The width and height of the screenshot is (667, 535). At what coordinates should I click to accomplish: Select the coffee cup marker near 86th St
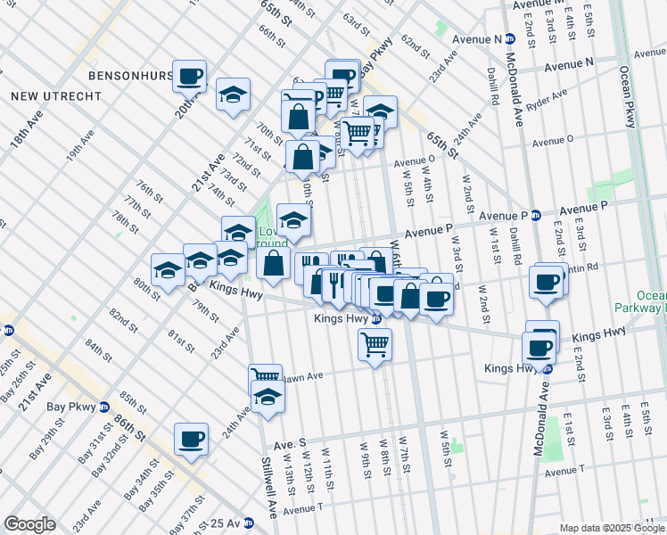point(192,438)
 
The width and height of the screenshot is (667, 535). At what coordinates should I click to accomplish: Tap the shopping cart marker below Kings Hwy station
point(375,343)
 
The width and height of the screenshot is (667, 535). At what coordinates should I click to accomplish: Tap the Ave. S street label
point(290,442)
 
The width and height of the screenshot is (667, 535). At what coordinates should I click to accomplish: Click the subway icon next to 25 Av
point(247,523)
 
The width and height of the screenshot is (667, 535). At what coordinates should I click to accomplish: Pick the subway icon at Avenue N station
point(510,38)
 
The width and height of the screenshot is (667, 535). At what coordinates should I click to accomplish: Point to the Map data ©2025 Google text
point(611,528)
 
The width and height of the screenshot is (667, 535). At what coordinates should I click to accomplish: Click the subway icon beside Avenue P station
point(536,215)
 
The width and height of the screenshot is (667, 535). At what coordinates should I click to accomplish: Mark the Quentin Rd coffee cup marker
point(546,281)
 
